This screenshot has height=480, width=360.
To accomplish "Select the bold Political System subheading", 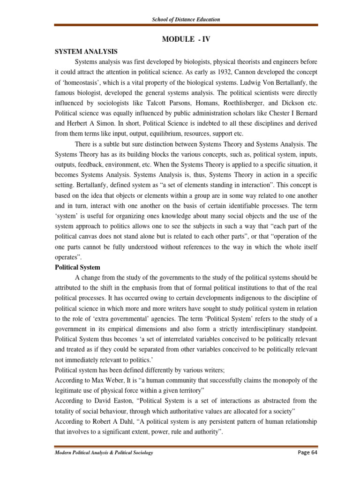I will coord(77,267).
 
